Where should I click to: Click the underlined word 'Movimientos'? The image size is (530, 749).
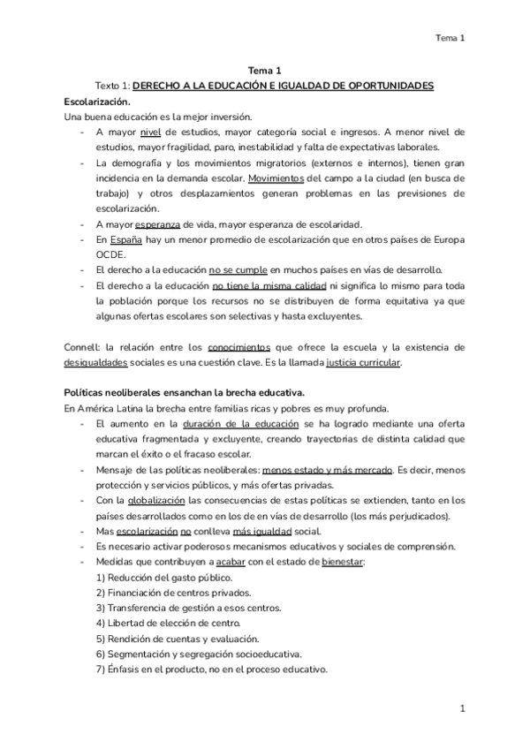click(x=276, y=178)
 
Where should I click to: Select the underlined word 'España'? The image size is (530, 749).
click(x=127, y=239)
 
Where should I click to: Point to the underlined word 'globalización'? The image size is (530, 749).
click(x=149, y=499)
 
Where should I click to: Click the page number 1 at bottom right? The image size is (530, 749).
click(x=462, y=708)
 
